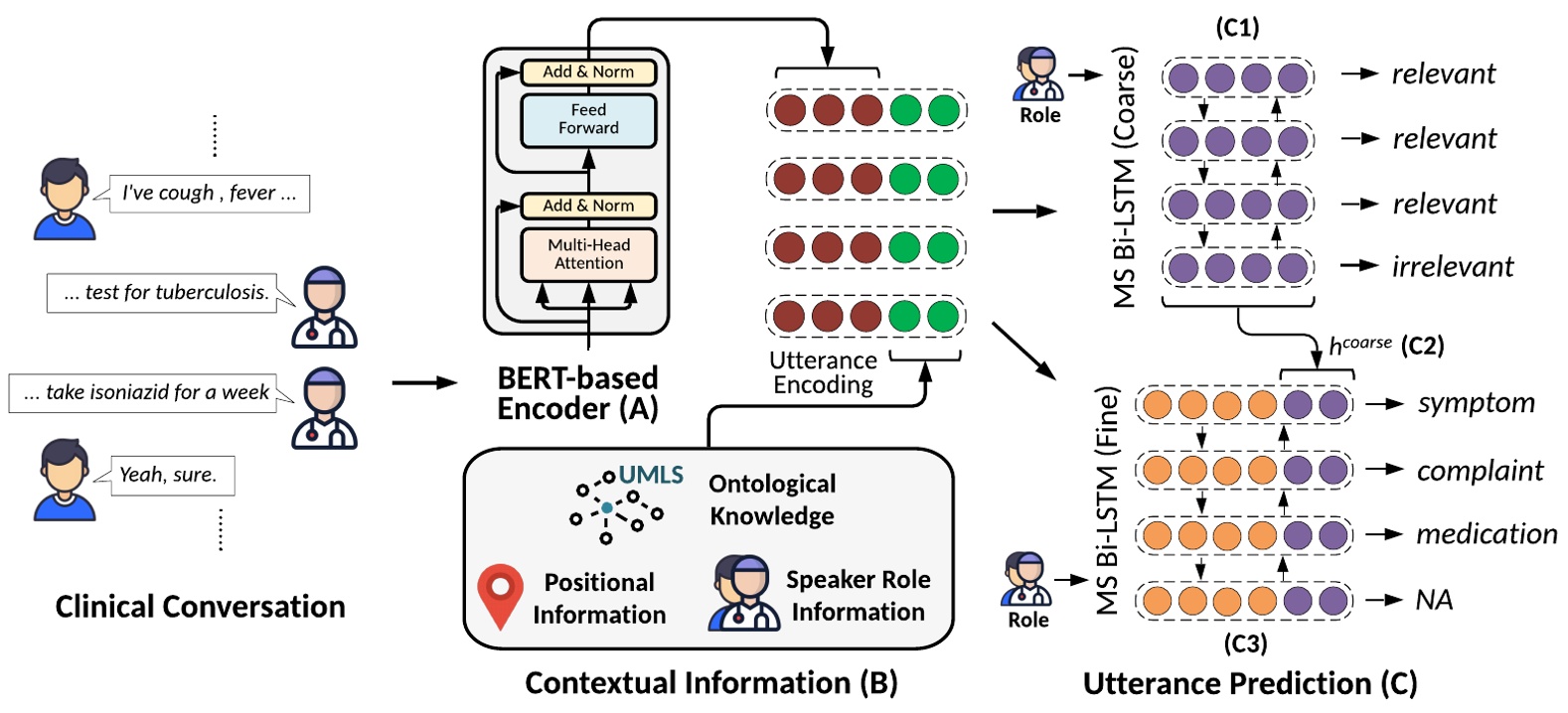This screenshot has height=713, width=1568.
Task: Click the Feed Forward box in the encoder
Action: click(x=588, y=119)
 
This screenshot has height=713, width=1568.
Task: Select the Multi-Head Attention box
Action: click(x=588, y=254)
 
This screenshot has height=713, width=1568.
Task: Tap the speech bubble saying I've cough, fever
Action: click(x=209, y=193)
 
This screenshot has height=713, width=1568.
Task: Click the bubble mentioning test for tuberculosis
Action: click(x=165, y=292)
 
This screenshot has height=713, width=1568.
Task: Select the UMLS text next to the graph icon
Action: click(x=651, y=476)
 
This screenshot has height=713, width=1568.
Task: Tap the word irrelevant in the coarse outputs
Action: click(x=1452, y=266)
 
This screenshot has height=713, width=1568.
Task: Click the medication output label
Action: click(x=1486, y=534)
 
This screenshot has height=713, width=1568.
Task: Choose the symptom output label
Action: click(x=1476, y=403)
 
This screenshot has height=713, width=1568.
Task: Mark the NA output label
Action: click(x=1434, y=600)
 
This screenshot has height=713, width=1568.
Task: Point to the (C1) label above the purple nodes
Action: click(x=1237, y=27)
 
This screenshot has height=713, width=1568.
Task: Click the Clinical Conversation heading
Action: click(x=200, y=607)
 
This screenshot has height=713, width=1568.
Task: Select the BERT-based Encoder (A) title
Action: click(x=577, y=393)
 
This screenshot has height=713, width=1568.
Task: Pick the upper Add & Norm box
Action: click(x=588, y=72)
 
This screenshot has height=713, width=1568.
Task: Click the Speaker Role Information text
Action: click(x=858, y=595)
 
